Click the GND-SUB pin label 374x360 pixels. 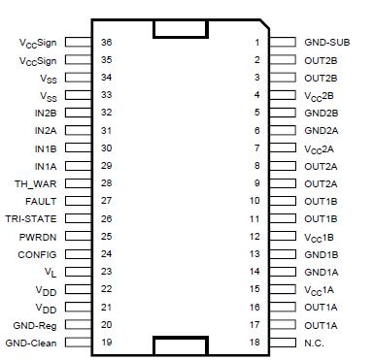[x=327, y=43]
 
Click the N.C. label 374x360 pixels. [x=314, y=342]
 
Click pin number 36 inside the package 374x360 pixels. [x=107, y=43]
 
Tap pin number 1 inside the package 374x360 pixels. [x=257, y=43]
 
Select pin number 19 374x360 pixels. [x=107, y=342]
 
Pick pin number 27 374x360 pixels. [x=107, y=200]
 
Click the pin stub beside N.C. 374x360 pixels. [x=283, y=342]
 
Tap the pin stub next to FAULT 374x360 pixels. [x=80, y=200]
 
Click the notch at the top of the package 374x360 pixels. [x=182, y=28]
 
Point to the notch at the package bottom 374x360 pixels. [x=182, y=344]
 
